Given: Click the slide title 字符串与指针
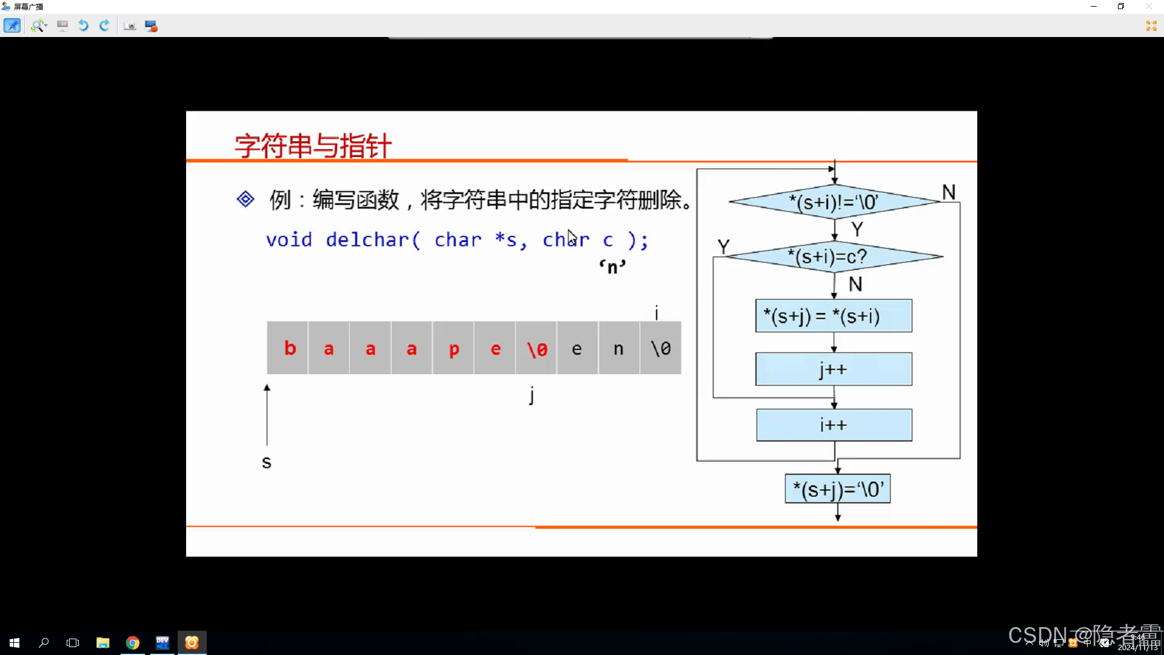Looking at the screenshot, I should pos(313,146).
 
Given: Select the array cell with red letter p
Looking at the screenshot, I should pos(453,348).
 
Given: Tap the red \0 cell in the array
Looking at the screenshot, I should pos(537,348).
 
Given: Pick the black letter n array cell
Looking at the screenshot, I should pos(618,348).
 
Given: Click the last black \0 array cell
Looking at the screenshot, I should pos(660,348).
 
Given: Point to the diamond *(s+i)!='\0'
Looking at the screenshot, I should pos(834,202).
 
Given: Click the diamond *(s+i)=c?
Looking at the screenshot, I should pos(834,257).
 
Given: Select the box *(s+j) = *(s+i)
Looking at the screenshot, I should pos(833,316).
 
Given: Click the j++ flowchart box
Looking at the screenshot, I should pos(833,369).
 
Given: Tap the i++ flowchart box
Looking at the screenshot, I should pos(834,425).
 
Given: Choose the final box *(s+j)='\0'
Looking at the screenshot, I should pos(837,489).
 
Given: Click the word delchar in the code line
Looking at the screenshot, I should pos(367,240).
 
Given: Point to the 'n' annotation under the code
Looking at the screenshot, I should pos(612,267).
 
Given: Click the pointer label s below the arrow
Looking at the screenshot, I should pos(266,463).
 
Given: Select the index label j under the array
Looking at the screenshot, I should pos(532,395).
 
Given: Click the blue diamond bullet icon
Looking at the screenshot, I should pos(246,199).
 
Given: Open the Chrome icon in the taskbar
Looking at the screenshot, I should pos(132,642).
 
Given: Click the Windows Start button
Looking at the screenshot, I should pos(15,642).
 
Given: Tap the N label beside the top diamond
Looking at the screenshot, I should pos(949,193).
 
